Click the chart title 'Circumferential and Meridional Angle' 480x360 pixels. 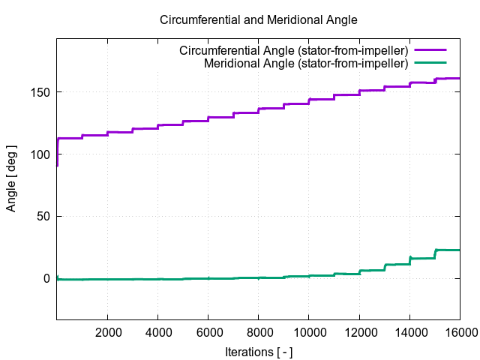tap(259, 20)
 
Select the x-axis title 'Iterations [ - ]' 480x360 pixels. tap(259, 350)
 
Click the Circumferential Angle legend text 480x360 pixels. tap(293, 51)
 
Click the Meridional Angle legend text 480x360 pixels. tap(305, 63)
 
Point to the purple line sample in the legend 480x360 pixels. tap(430, 51)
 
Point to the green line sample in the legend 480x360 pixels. tap(430, 63)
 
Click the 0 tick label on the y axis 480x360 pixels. tap(46, 278)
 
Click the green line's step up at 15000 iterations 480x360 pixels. tap(435, 253)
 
